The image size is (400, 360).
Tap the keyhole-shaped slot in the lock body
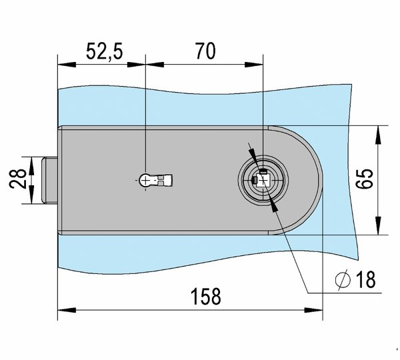click(157, 180)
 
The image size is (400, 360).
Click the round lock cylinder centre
click(261, 181)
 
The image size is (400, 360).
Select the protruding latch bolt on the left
click(49, 180)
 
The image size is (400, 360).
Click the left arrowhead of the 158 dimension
click(63, 309)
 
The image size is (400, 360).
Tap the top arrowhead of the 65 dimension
click(378, 131)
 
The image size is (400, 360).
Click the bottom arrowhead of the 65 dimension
click(378, 229)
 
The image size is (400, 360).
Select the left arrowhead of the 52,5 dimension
click(63, 65)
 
